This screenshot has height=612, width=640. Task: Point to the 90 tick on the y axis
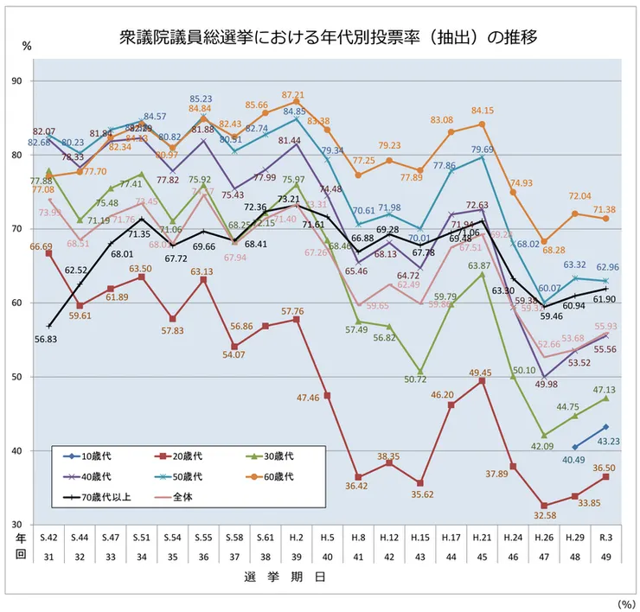(41, 80)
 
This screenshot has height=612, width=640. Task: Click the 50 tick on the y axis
(41, 377)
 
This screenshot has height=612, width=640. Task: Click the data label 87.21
(293, 95)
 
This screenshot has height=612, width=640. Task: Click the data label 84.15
(482, 111)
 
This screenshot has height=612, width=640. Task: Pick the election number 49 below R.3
(605, 557)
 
